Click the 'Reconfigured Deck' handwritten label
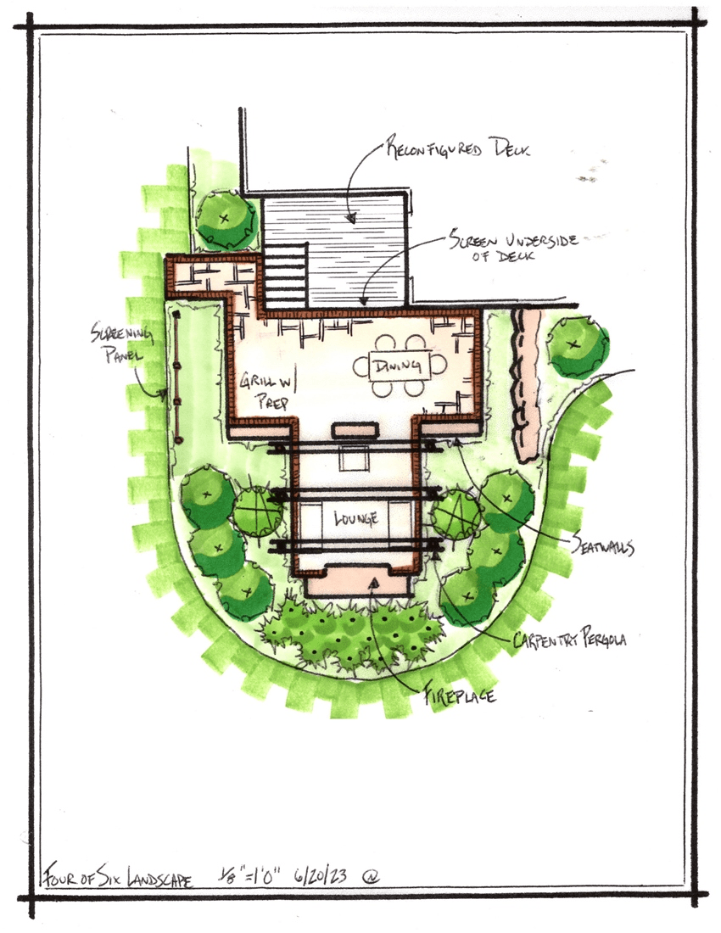coord(457,147)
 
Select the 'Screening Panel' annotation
coord(122,342)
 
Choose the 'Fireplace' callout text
coord(459,694)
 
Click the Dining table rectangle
coord(400,366)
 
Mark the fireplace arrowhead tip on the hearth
coord(373,579)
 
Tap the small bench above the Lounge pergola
coord(355,429)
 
